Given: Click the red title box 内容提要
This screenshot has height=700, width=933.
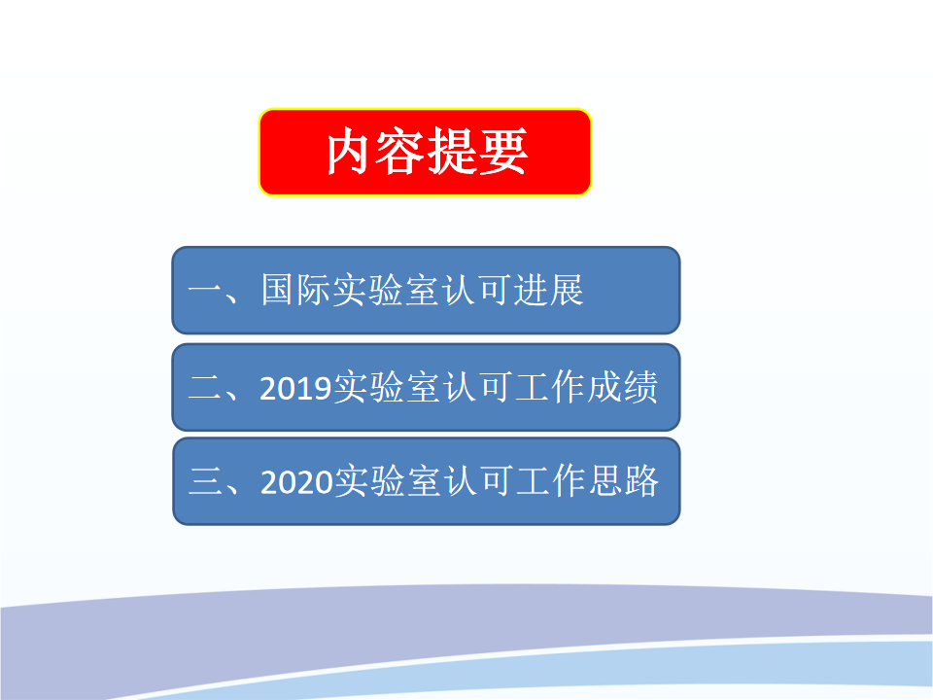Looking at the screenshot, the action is (425, 152).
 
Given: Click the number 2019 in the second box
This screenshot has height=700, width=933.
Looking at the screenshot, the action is (295, 388).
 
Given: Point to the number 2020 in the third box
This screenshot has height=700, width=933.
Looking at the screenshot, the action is (296, 481).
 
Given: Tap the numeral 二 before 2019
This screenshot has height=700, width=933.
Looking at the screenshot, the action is (205, 388).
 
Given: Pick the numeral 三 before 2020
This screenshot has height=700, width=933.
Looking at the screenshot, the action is (205, 481).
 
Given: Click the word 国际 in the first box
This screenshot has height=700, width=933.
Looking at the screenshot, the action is (295, 290).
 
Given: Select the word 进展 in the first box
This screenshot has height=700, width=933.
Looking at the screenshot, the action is (548, 290).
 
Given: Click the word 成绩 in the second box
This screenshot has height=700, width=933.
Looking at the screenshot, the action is (622, 388).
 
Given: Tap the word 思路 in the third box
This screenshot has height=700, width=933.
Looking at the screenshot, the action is (624, 481).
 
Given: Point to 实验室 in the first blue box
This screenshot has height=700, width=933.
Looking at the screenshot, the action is (386, 290).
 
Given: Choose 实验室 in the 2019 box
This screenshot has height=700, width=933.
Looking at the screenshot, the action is (388, 388).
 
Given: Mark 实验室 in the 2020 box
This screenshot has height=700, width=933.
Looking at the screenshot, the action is (389, 481).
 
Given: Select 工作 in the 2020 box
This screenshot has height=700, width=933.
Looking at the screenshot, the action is (552, 481).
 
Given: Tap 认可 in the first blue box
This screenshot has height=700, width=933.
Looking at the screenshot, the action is (477, 290).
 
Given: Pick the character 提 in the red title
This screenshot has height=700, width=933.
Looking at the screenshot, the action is (452, 152).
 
